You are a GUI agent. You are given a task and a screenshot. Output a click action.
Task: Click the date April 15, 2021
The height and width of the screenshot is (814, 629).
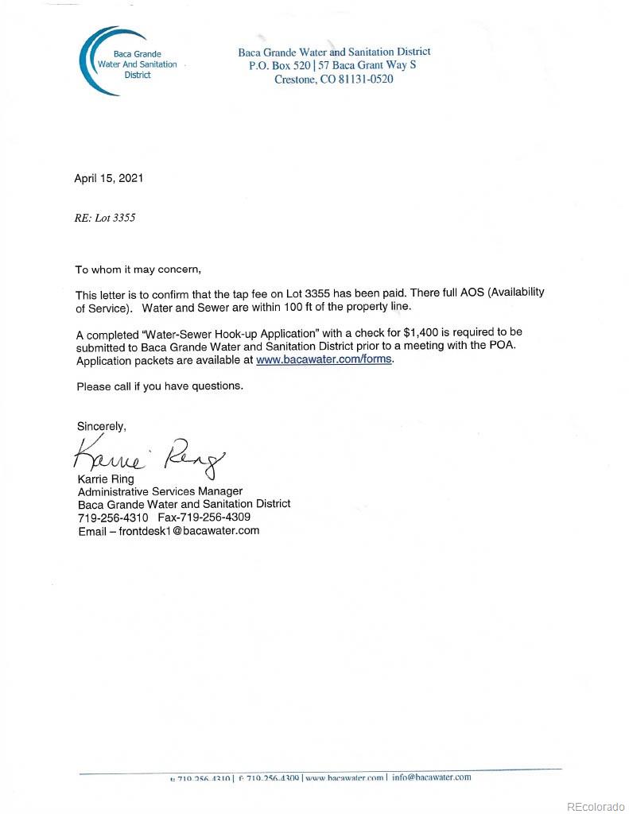tap(108, 179)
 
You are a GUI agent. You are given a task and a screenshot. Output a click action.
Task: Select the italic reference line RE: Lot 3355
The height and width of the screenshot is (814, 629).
tap(104, 218)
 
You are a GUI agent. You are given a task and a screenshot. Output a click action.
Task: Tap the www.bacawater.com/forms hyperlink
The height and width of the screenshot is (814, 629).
tap(324, 359)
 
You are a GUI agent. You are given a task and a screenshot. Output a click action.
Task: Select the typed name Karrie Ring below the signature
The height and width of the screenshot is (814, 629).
tap(106, 479)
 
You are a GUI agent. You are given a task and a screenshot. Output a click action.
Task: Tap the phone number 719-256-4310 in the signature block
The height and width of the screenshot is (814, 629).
tap(113, 517)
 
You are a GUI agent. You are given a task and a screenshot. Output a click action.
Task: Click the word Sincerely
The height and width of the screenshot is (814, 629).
tap(101, 426)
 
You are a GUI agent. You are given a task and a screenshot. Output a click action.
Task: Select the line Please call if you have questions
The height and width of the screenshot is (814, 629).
tap(160, 386)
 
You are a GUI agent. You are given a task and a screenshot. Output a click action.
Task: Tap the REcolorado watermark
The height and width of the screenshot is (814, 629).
tap(596, 805)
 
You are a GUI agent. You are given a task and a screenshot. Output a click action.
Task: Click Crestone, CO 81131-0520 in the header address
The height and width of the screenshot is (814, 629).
tap(333, 79)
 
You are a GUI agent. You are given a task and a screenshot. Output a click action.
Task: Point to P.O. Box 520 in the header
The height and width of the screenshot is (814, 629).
tap(279, 65)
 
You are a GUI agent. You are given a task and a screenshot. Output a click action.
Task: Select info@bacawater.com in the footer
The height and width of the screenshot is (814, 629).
tap(432, 777)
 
